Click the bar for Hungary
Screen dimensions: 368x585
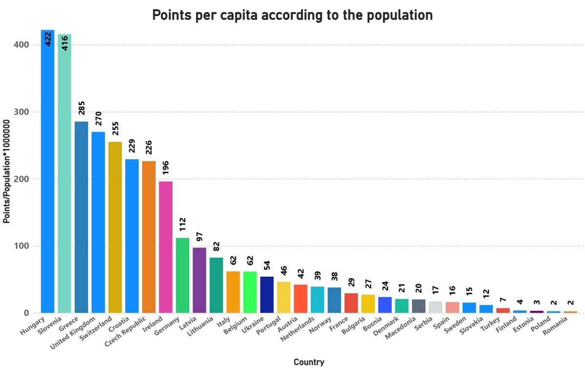(47, 171)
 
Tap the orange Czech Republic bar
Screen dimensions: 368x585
(149, 237)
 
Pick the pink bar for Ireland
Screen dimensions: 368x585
(166, 247)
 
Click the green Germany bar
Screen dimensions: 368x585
(182, 275)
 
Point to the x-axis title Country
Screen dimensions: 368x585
(309, 362)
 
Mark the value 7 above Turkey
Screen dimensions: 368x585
(503, 300)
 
